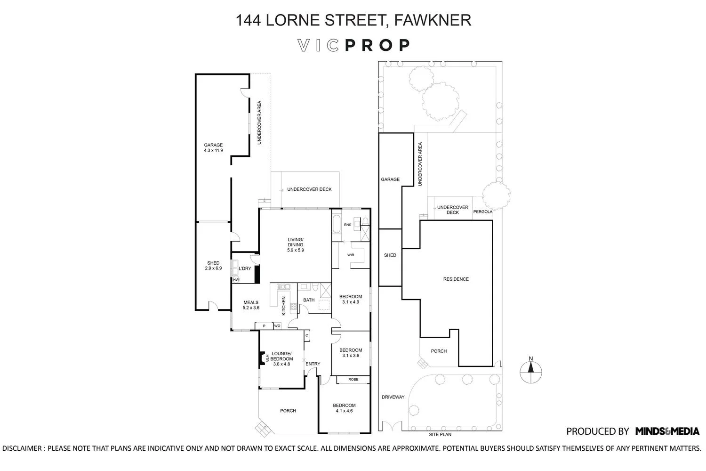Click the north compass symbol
coord(531,371)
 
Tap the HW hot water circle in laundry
coord(236,279)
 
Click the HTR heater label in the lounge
coord(267,358)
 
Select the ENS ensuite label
coord(347,225)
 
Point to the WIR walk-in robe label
coord(351,255)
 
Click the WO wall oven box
coord(277,326)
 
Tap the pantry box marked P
coord(264,326)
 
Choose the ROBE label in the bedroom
coord(353,379)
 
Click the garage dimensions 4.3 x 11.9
coord(213,150)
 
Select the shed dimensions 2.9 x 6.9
coord(213,268)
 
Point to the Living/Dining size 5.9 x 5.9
coord(295,250)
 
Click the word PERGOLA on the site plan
coord(482,211)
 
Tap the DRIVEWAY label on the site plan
coord(393,397)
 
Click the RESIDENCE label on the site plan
coord(456,279)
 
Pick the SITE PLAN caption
coord(440,434)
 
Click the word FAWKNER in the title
coord(433,20)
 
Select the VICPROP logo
coord(353,45)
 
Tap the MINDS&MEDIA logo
coord(667,431)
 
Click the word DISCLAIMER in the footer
coord(22,448)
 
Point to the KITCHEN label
coord(283,306)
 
